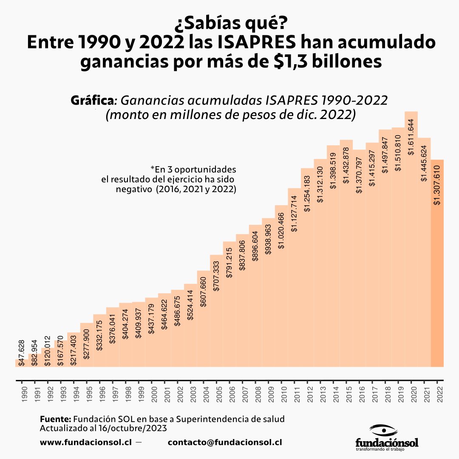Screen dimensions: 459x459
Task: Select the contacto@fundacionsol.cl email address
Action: pyautogui.click(x=225, y=442)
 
